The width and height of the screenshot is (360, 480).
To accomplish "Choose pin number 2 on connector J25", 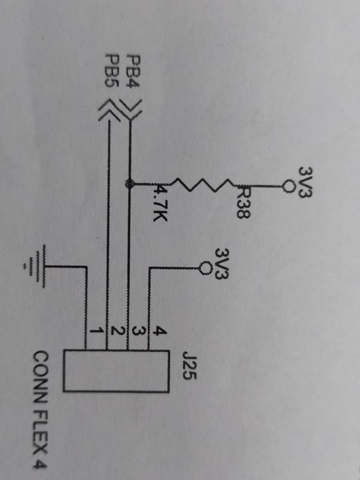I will coord(118,330).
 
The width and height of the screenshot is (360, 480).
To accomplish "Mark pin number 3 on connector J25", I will coord(139,330).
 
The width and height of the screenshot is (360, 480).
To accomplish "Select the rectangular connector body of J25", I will coord(116,371).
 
